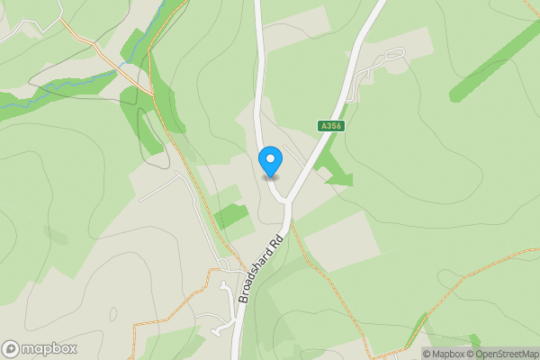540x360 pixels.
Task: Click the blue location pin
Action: point(270,160)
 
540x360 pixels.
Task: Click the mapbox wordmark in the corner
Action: point(49,348)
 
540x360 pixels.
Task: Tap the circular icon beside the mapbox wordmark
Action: point(11,348)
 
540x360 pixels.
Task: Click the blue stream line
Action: point(54,95)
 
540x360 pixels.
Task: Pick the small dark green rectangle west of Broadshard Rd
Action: point(230,216)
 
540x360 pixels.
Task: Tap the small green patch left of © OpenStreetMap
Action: point(474,341)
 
